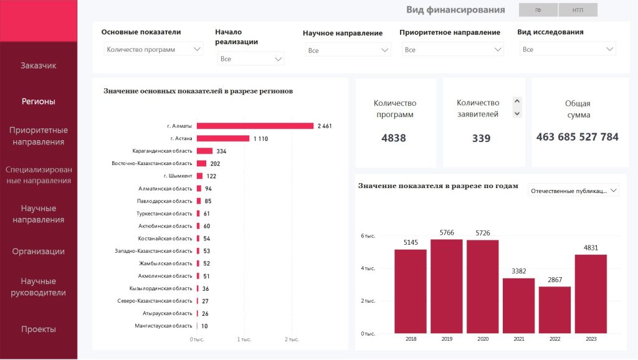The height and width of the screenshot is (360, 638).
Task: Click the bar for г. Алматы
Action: (x=255, y=126)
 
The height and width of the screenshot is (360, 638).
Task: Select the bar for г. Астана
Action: (x=223, y=138)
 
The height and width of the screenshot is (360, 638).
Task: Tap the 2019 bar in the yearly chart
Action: (x=446, y=286)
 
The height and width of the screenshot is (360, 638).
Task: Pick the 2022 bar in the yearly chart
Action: (x=555, y=310)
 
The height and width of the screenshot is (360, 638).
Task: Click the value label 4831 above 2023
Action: (x=591, y=248)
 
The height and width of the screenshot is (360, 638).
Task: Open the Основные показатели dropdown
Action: (x=153, y=49)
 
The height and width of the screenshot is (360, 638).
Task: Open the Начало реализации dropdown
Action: (x=251, y=59)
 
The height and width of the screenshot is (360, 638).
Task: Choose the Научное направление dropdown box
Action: (x=348, y=50)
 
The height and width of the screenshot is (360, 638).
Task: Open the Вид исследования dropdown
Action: (x=567, y=49)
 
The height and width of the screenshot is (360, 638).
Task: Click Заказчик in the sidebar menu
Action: (x=39, y=65)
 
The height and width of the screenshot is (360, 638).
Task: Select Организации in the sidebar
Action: (x=39, y=252)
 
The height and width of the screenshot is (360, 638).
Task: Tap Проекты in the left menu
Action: (x=39, y=329)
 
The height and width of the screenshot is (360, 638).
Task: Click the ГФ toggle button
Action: (x=538, y=10)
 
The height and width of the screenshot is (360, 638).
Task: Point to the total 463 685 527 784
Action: (x=577, y=137)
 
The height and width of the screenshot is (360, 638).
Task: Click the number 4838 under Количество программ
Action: (x=394, y=138)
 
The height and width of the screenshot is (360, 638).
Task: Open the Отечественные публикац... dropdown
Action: (x=573, y=191)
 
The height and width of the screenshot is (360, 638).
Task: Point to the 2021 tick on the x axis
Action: (x=519, y=339)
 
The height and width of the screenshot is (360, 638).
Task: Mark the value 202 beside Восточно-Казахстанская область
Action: (x=215, y=164)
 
